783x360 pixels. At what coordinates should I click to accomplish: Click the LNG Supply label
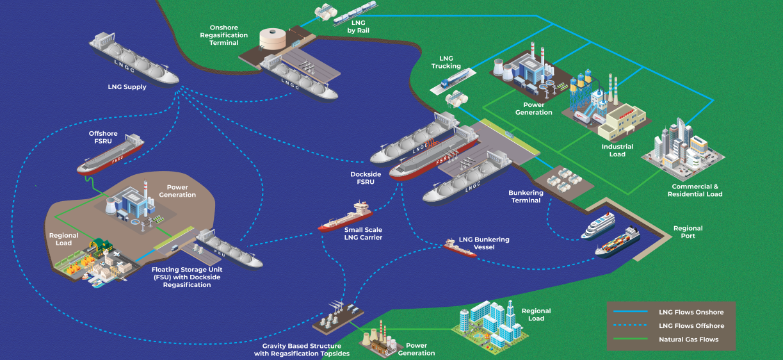tap(127, 87)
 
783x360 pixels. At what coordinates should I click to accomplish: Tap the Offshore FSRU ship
tap(110, 156)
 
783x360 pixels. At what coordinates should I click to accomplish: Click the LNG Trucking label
tap(446, 62)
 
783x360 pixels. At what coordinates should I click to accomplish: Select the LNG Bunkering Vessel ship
tap(460, 248)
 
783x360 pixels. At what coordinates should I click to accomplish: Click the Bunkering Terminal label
tap(526, 196)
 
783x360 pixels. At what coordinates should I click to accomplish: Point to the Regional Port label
tap(688, 232)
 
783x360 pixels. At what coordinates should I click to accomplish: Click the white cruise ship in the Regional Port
tap(597, 225)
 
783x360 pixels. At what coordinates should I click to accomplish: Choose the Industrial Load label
tap(617, 150)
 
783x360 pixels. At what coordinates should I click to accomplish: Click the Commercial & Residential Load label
tap(695, 190)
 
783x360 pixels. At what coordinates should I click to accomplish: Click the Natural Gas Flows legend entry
tap(688, 340)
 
